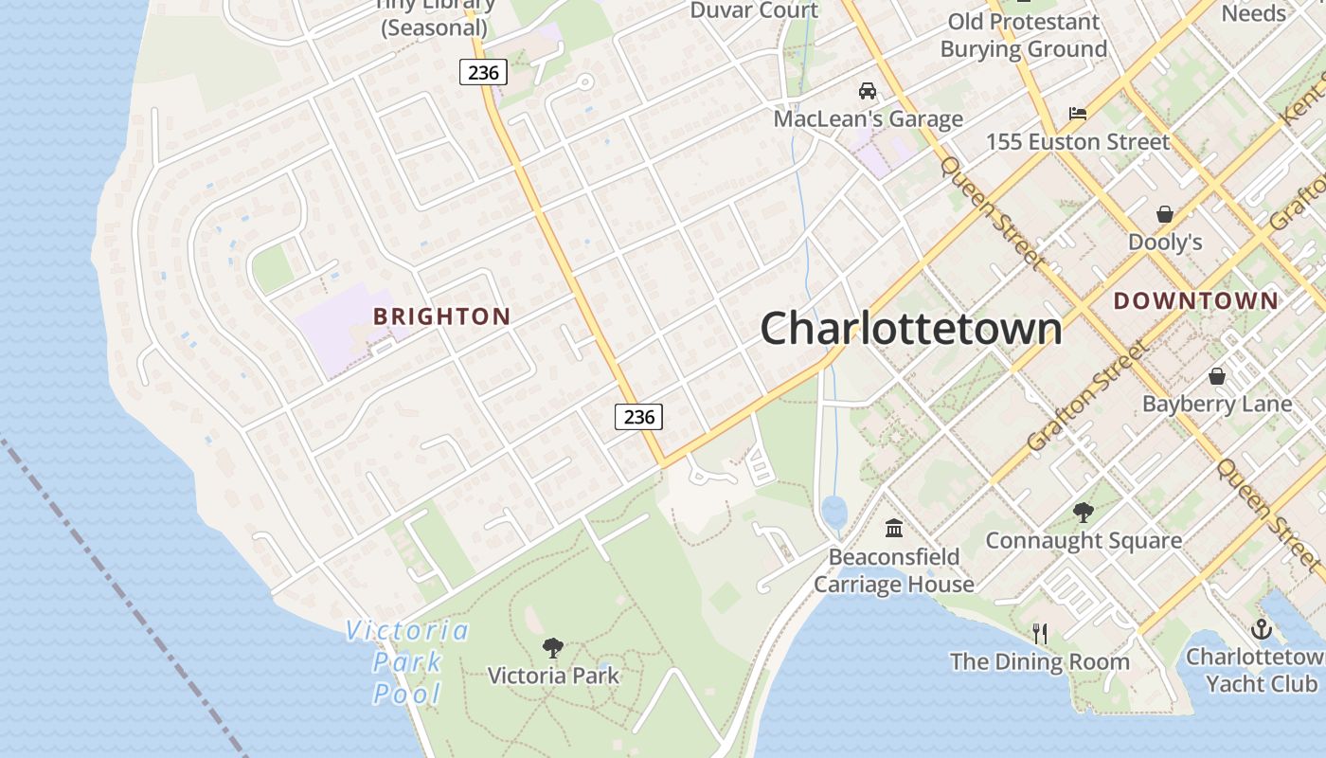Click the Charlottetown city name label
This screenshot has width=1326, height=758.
pos(911,329)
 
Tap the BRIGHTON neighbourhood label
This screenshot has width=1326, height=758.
pos(441,316)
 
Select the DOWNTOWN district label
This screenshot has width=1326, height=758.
pos(1195,301)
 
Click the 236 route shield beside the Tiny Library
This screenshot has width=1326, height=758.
pos(484,71)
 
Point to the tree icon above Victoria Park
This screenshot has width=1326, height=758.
pos(553,648)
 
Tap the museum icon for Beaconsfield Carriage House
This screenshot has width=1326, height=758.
pos(894,528)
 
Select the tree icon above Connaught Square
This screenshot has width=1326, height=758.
pos(1084,513)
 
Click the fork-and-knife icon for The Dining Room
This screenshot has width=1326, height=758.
pos(1039,633)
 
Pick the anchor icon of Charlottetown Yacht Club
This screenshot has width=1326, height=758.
pos(1261,629)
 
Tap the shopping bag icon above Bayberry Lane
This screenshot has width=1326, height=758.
pos(1217,376)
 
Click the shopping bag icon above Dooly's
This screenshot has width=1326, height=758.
pos(1165,214)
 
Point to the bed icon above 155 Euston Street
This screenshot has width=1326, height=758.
pos(1078,114)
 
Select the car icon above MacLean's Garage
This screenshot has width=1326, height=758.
pos(867,91)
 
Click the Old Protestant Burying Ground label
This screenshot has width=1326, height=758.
pos(1023,35)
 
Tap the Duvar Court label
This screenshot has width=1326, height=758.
pos(754,10)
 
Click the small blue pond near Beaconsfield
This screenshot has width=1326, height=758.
pos(833,513)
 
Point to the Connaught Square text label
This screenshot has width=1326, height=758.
pos(1084,541)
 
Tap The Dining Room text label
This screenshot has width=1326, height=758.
pos(1039,661)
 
